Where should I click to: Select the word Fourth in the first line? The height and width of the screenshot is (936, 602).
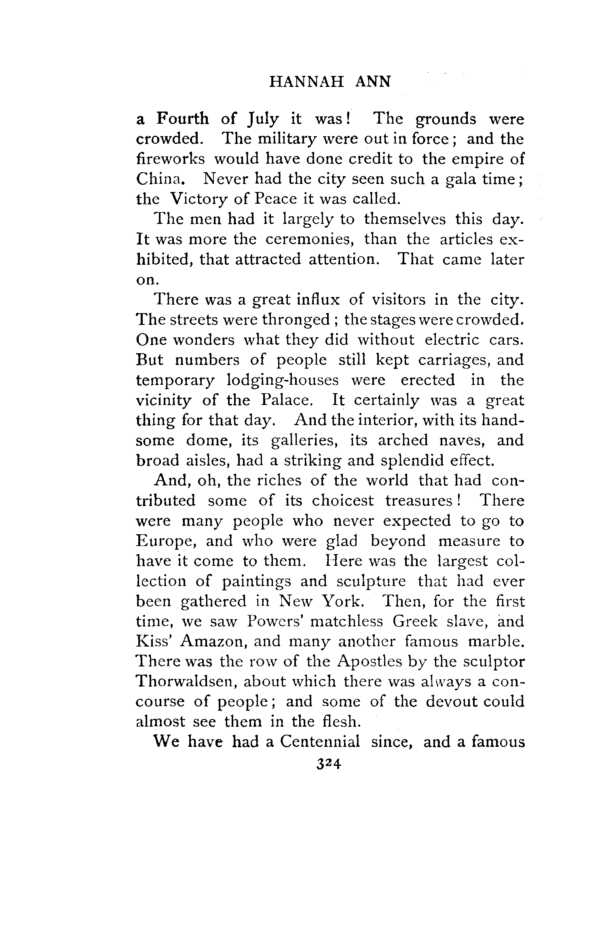coord(183,119)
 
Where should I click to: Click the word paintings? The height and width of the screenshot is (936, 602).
coord(256,581)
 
